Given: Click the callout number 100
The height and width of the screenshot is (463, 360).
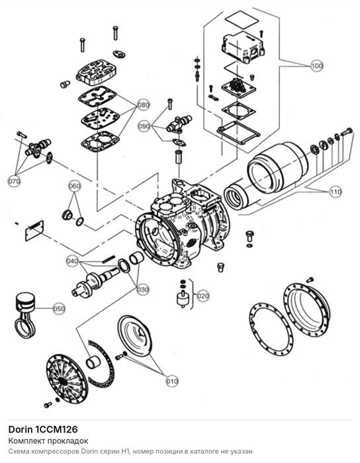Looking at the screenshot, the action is pos(316,65).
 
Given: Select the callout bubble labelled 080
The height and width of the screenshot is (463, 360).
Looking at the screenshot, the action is pos(143,105).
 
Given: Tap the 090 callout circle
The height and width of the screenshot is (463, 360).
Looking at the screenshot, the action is pos(144,126).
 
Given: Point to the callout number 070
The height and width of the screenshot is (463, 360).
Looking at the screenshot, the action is pos(14,181).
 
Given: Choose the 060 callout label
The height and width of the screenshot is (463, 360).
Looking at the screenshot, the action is pos(74,186).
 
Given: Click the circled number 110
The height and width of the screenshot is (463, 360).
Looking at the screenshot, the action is pos(336,192).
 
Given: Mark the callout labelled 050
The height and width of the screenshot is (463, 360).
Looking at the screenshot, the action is pos(59,309).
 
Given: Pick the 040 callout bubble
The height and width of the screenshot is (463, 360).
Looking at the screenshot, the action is pos(72,261).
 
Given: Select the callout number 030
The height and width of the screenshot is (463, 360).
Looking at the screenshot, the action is pos(143,290).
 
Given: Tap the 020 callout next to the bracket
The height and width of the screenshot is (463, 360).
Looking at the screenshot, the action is pos(202,296).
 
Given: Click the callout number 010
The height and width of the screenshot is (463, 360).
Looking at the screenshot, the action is pos(172,381).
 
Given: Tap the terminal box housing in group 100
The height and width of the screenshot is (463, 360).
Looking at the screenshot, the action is pos(242,47).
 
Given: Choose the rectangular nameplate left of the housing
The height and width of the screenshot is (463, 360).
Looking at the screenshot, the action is pos(34,230).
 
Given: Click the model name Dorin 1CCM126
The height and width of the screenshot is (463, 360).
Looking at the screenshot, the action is pos(43,429).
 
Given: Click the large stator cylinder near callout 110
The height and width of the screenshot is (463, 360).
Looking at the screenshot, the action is pos(276,167).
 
